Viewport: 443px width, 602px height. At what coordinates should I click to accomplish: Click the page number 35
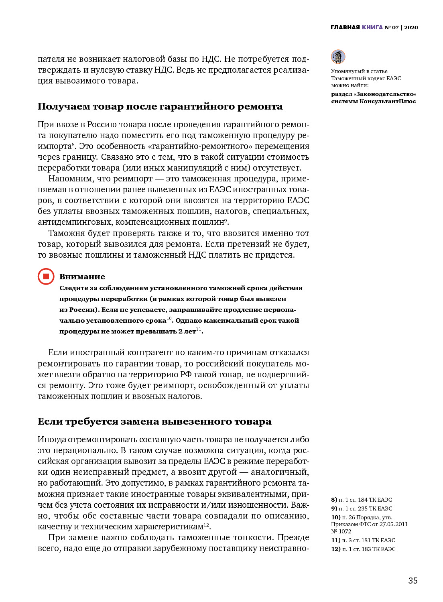pos(413,580)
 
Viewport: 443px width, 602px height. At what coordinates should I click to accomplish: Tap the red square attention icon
pos(46,277)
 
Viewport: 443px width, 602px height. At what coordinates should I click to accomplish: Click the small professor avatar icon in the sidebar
pos(338,57)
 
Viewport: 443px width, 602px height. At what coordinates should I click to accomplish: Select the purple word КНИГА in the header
pos(372,27)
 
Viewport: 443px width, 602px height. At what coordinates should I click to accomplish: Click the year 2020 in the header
pos(411,27)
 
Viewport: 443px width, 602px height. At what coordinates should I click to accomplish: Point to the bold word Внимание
pos(82,277)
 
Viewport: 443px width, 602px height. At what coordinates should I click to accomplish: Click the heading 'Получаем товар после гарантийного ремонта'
pos(160,106)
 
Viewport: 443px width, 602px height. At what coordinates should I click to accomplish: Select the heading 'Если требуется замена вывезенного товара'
pos(154,421)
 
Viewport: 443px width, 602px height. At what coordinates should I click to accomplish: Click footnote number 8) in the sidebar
pos(334,500)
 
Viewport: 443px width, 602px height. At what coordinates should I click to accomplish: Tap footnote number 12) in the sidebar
pos(335,549)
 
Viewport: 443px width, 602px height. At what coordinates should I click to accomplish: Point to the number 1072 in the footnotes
pos(345,531)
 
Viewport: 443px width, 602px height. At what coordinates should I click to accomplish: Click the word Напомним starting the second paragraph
pos(71,179)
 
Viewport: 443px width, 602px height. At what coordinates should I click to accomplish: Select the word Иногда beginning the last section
pos(52,439)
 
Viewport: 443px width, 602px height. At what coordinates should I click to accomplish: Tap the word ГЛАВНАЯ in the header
pos(345,27)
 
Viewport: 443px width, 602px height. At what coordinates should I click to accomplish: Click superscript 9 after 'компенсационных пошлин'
pos(226,220)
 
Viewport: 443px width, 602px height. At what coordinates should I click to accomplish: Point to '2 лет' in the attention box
pos(187,332)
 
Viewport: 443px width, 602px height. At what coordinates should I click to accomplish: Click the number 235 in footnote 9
pos(363,508)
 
